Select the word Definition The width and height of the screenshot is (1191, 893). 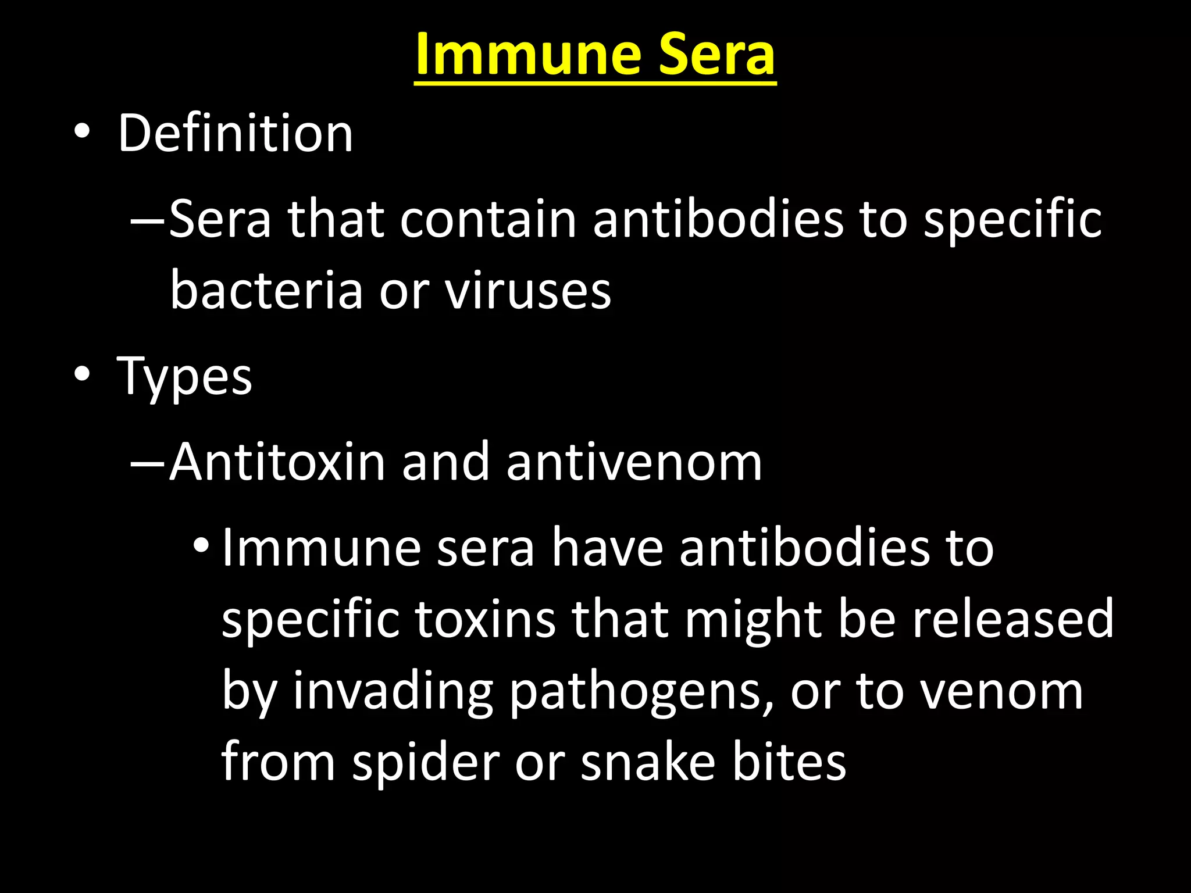click(235, 133)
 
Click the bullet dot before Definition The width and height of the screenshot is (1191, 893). click(82, 132)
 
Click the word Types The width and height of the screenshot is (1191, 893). click(184, 377)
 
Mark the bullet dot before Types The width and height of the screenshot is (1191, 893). click(82, 374)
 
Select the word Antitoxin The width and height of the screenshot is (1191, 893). click(277, 462)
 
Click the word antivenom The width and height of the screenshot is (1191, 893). click(634, 462)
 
